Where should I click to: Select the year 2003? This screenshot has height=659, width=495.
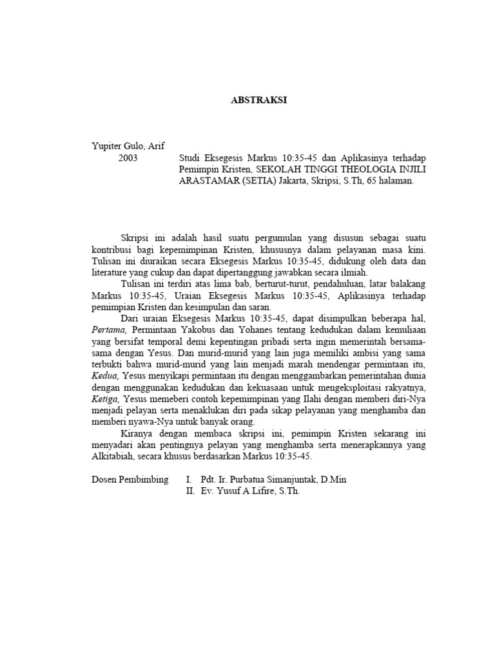pos(128,158)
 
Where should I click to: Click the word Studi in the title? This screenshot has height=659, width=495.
pos(191,158)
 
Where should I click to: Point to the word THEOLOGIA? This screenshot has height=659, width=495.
pos(364,170)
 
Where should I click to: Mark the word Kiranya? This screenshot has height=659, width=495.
pos(136,434)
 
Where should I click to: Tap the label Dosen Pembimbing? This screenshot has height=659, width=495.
pos(130,480)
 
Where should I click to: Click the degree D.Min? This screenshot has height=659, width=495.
pos(336,480)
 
